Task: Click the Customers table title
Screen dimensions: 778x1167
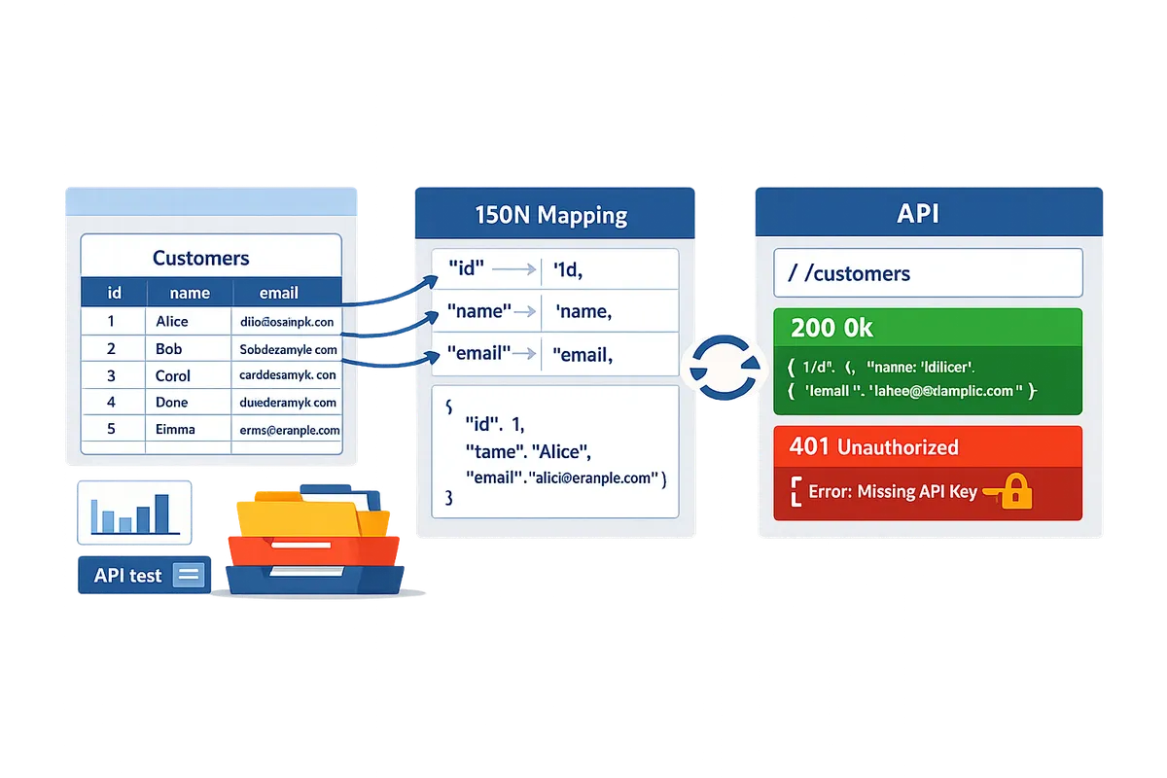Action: pos(201,258)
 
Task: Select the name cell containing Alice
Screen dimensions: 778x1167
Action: pos(172,321)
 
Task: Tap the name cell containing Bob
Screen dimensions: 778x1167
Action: pos(168,348)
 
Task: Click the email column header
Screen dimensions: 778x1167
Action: pos(279,292)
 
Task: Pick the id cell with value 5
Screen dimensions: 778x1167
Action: pos(111,429)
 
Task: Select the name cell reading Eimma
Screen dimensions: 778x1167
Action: pos(175,429)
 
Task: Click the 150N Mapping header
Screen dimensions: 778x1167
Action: pos(551,214)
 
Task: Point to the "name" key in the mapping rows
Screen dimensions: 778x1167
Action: pos(479,311)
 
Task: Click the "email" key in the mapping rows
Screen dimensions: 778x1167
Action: pos(479,354)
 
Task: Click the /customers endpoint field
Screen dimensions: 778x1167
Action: pos(928,272)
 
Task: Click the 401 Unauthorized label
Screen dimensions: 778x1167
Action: pos(874,447)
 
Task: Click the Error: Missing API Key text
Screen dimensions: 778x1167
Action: pos(892,492)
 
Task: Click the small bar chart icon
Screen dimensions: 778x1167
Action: pos(133,512)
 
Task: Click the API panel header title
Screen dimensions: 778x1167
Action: pos(918,214)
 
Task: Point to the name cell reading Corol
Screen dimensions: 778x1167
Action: pos(173,375)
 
